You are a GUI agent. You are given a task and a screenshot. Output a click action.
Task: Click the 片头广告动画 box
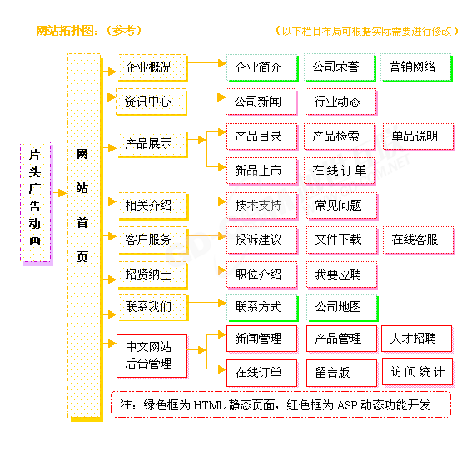tap(36, 202)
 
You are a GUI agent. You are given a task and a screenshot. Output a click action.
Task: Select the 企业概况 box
tap(152, 67)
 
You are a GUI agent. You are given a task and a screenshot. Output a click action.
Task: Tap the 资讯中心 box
tap(152, 102)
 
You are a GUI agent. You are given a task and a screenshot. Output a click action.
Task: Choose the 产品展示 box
tap(152, 144)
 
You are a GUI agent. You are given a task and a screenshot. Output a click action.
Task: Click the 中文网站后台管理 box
tap(152, 355)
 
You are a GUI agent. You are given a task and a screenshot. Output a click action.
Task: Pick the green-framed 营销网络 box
tap(416, 67)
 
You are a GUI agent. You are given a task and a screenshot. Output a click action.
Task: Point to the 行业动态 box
tap(341, 102)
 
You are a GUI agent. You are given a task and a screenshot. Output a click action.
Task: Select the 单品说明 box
tap(419, 136)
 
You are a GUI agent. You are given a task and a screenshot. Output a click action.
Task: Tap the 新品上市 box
tap(262, 171)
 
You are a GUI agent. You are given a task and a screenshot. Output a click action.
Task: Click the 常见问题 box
tap(342, 206)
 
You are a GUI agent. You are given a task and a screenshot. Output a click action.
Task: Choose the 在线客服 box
tap(419, 240)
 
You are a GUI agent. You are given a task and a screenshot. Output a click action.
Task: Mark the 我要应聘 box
tap(342, 275)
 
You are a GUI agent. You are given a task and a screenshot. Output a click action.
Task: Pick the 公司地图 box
tap(342, 308)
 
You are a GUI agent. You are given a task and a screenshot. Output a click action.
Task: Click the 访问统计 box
tap(418, 372)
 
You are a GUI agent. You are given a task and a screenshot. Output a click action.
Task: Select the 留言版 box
tap(342, 373)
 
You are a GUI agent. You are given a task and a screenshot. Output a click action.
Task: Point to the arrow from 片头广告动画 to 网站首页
tap(60, 193)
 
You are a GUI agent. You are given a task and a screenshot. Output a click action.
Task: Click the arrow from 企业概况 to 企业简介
tap(207, 63)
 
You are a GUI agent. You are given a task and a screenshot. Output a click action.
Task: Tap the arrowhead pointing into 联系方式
tap(222, 303)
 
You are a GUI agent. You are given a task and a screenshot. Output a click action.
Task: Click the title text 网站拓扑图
tap(66, 31)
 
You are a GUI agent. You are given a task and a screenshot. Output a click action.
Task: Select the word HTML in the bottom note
tap(209, 405)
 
